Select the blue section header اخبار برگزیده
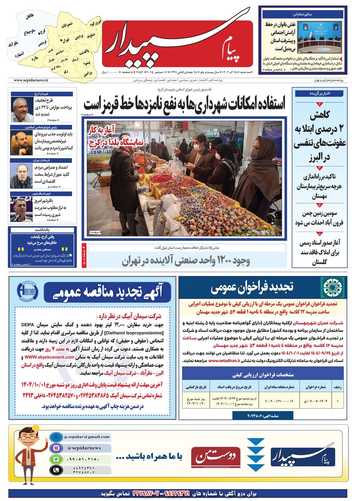pos(320,93)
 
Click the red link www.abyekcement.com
pos(49,357)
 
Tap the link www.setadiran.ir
pos(224,360)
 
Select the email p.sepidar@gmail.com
pos(87,437)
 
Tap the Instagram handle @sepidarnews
pos(84,448)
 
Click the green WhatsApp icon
pos(56,459)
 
